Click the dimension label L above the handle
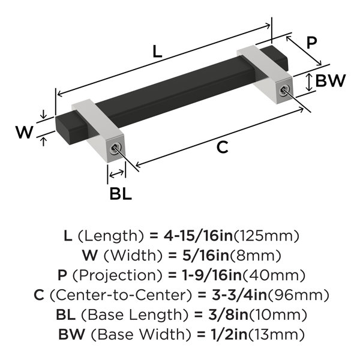point(157,52)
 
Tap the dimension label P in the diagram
point(311,43)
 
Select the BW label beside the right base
point(331,80)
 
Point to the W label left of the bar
point(25,132)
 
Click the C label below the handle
point(222,147)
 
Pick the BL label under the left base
point(121,194)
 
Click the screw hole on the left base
point(115,149)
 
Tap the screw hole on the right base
point(284,90)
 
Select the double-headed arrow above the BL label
point(116,174)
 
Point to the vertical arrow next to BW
point(309,82)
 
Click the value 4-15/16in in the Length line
point(198,236)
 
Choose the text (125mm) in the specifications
point(266,236)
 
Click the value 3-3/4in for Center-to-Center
point(239,295)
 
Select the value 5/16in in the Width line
point(206,256)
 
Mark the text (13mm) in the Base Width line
point(276,334)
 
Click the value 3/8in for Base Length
point(228,314)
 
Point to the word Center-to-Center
point(121,295)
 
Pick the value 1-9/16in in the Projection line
point(212,275)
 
